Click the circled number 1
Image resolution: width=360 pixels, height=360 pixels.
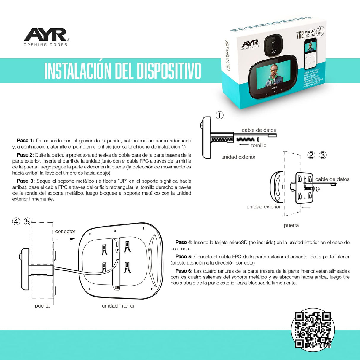pos(219,115)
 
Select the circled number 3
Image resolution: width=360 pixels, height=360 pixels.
pos(323,155)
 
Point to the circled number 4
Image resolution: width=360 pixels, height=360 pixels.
pos(16,221)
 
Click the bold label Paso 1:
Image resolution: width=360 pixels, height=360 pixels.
pos(26,141)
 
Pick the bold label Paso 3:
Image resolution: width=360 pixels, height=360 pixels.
pos(26,181)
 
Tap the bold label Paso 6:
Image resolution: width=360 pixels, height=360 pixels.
pos(184,271)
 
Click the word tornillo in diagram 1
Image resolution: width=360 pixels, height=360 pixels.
pos(259,145)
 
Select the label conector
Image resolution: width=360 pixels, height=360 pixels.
pos(65,231)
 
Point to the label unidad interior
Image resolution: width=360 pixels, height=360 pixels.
pos(118,306)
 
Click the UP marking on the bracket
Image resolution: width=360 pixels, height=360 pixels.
pos(117,250)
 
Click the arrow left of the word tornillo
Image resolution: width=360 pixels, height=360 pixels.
pos(244,145)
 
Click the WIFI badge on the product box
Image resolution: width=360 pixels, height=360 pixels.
pos(320,31)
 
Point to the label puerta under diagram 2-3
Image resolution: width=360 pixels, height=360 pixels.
pos(291,225)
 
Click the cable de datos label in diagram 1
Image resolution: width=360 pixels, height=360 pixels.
pos(259,130)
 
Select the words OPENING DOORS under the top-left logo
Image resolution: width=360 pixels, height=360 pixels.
pos(45,45)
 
